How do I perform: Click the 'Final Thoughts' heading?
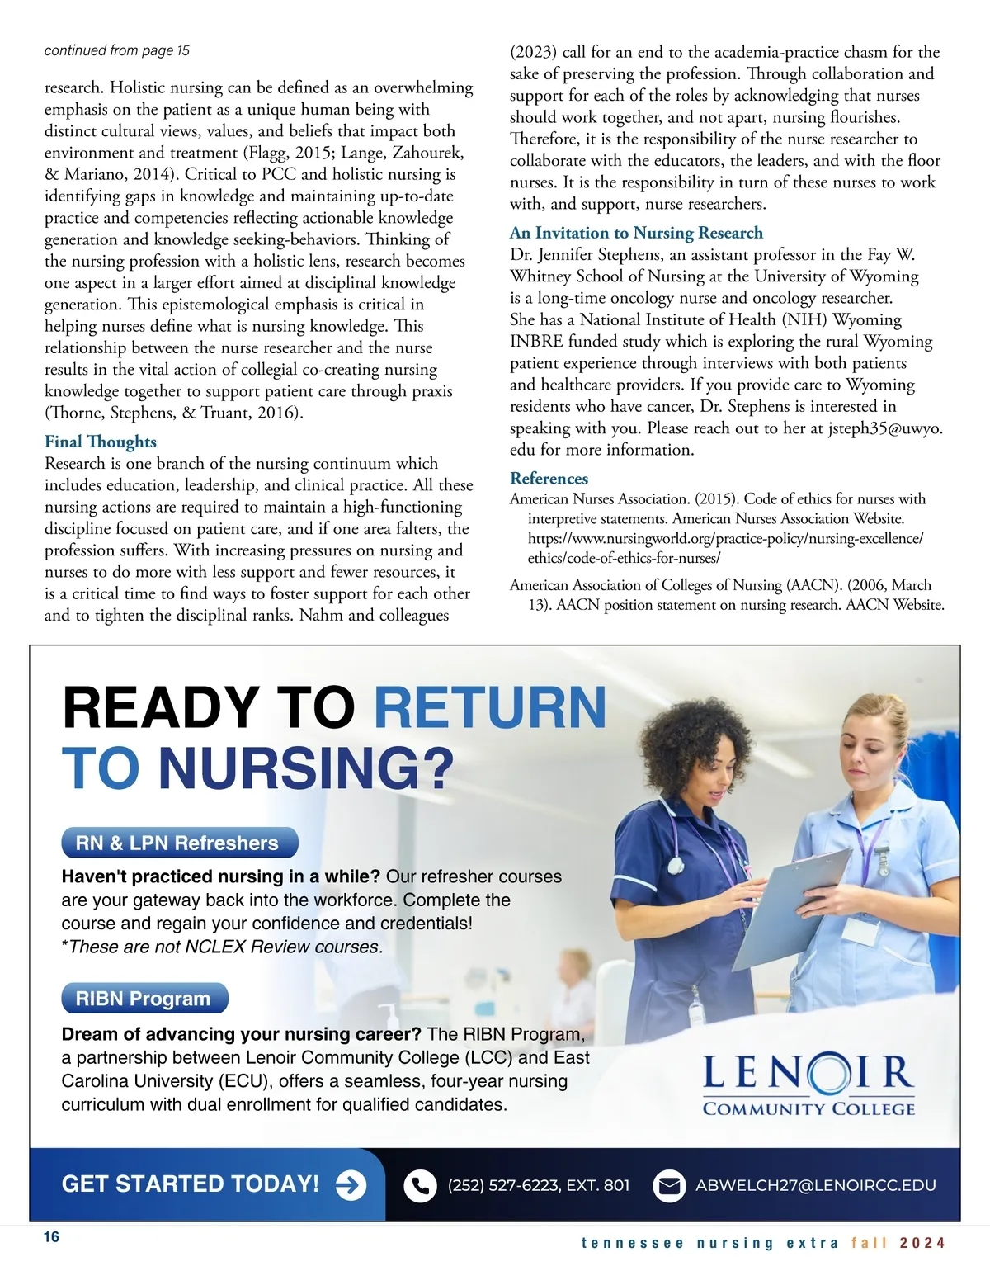click(x=100, y=442)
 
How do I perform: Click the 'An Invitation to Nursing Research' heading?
click(x=636, y=233)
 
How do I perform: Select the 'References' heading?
click(x=549, y=479)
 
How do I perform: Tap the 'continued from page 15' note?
click(x=116, y=50)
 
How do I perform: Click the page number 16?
click(x=51, y=1236)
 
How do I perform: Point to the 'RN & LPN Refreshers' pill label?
click(x=177, y=843)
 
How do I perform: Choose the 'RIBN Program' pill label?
click(x=144, y=999)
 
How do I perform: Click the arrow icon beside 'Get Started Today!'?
click(x=351, y=1185)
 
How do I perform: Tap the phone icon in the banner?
click(x=420, y=1186)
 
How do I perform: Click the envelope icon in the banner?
click(x=669, y=1186)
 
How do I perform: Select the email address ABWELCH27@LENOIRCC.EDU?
click(x=815, y=1185)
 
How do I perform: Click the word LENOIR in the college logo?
click(x=808, y=1073)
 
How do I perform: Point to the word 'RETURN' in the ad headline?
click(x=491, y=707)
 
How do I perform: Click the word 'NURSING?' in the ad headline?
click(x=306, y=768)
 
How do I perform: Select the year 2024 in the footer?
click(x=922, y=1243)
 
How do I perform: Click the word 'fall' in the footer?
click(x=868, y=1243)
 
